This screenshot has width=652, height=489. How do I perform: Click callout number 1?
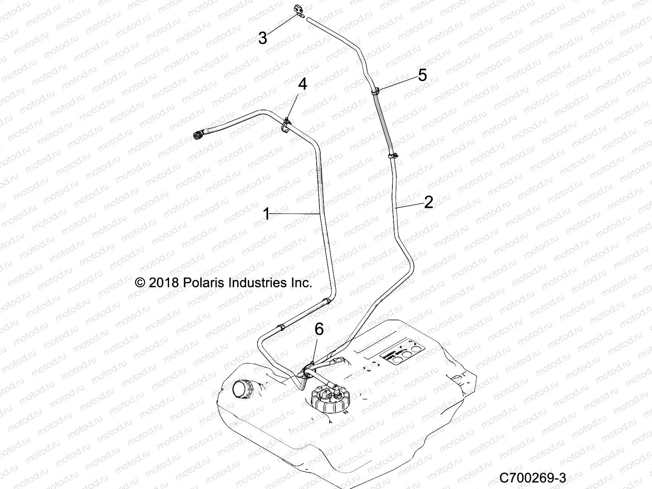(267, 214)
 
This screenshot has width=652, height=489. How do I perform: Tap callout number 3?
(263, 38)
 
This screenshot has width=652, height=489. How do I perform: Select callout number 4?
(302, 84)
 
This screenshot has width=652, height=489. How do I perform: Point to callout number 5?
(422, 75)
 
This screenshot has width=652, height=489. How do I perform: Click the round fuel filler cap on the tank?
(241, 389)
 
